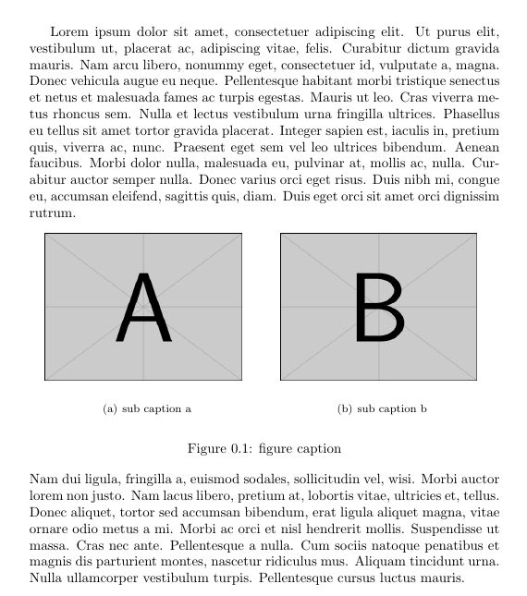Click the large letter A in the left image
(144, 309)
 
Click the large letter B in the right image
(379, 309)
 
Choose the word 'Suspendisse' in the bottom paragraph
(446, 529)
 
